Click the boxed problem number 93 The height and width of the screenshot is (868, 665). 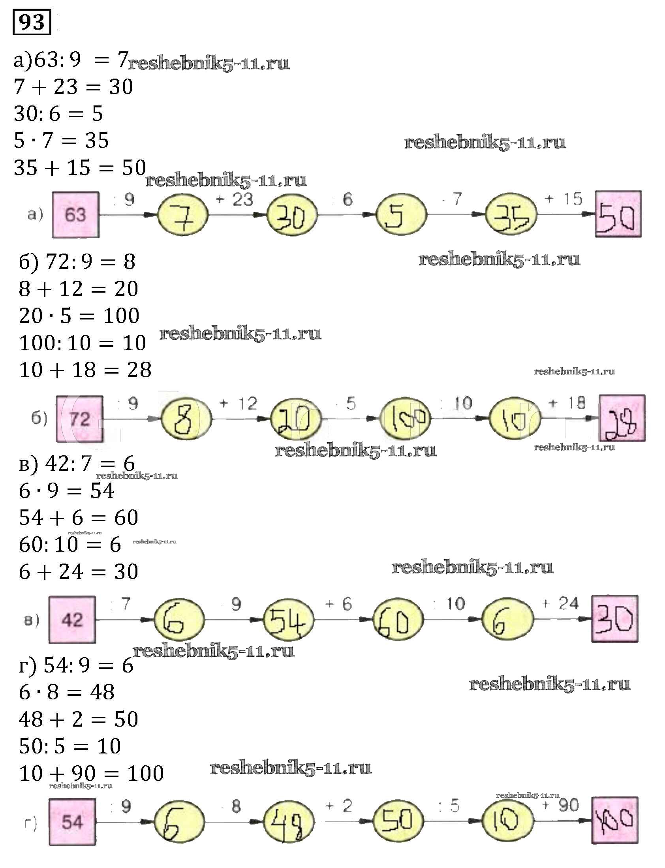(x=32, y=22)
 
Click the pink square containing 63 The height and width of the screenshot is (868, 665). (x=75, y=214)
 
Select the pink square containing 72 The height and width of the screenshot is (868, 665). (x=79, y=419)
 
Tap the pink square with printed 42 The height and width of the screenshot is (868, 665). (x=72, y=620)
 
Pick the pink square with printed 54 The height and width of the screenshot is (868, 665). (x=72, y=822)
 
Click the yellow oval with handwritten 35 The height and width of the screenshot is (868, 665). (x=511, y=214)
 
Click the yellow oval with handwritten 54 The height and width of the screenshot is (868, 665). (x=289, y=620)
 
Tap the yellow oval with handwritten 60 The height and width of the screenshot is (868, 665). (x=398, y=620)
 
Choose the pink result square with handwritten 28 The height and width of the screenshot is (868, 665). (x=622, y=418)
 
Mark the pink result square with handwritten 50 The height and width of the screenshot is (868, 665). (x=618, y=214)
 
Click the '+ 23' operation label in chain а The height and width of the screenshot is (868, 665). (x=235, y=199)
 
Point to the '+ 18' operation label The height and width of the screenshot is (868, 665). (x=566, y=403)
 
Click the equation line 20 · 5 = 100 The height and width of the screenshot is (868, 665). (x=79, y=316)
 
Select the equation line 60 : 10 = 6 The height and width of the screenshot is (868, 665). (x=70, y=544)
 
